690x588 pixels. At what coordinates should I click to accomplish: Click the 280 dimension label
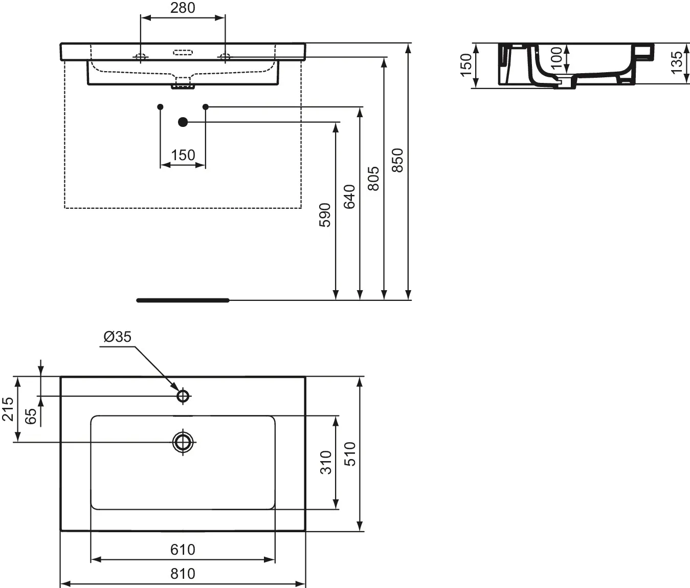pyautogui.click(x=183, y=8)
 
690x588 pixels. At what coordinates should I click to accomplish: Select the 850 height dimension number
pyautogui.click(x=397, y=160)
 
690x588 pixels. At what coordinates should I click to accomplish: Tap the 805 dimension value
pyautogui.click(x=373, y=179)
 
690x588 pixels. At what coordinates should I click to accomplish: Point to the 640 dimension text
pyautogui.click(x=349, y=197)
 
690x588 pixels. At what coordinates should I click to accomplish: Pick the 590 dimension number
pyautogui.click(x=325, y=215)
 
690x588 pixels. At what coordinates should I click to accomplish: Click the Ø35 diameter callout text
pyautogui.click(x=118, y=337)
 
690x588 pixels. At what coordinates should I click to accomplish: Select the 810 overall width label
pyautogui.click(x=183, y=574)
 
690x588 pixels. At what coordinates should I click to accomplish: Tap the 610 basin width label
pyautogui.click(x=183, y=550)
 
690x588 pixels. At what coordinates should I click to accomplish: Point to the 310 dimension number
pyautogui.click(x=326, y=463)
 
